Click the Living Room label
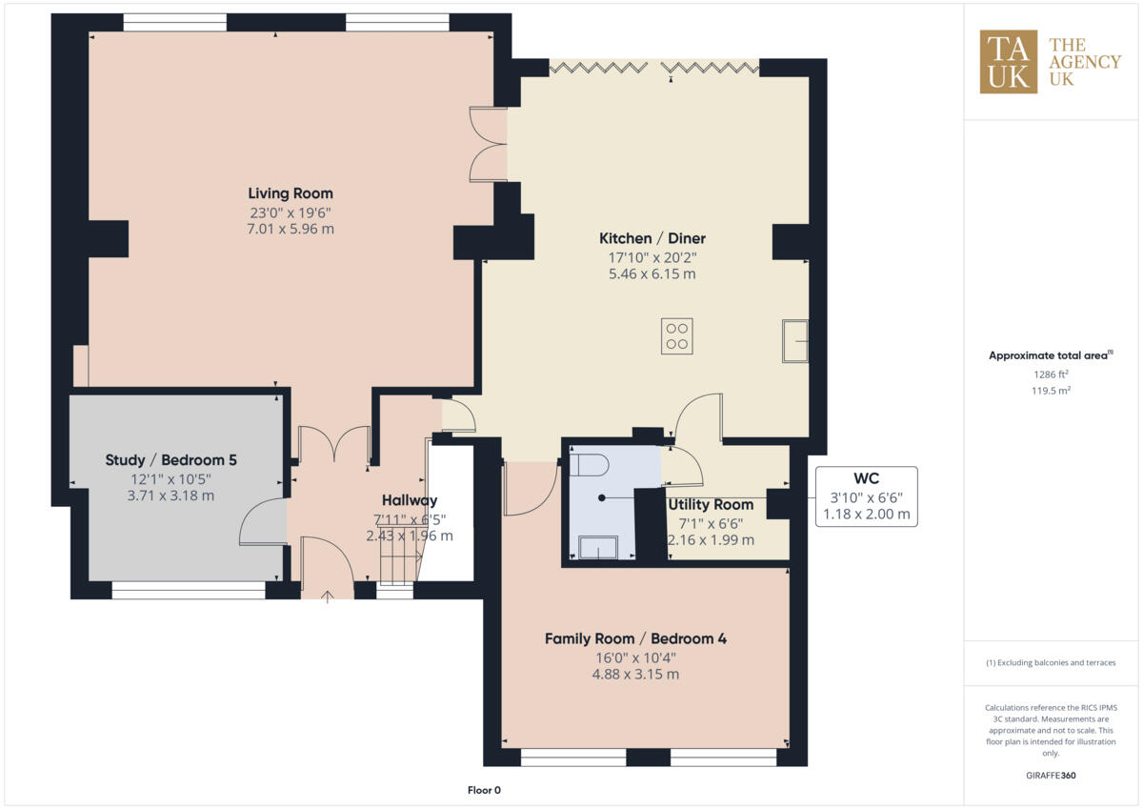point(291,193)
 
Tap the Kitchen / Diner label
point(652,238)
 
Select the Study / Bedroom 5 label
point(171,460)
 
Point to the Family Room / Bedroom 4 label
point(635,638)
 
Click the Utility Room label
point(711,504)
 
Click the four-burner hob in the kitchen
point(677,335)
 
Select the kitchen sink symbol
point(794,341)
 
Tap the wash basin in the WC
point(593,547)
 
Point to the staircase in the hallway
point(400,562)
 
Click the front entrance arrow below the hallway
point(328,597)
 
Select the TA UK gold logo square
point(1009,62)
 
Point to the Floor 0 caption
point(484,790)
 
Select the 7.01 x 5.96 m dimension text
point(291,229)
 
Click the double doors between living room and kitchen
point(490,144)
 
